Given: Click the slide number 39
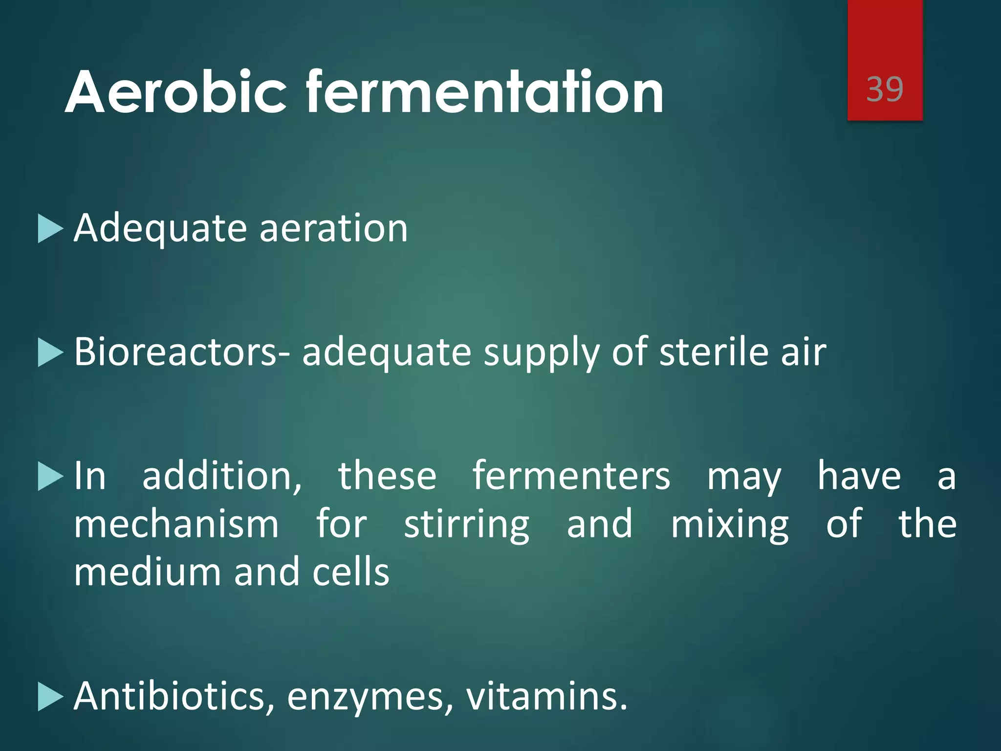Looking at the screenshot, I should (x=885, y=89).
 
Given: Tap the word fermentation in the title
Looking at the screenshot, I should (x=484, y=92).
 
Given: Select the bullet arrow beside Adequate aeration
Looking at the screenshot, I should (x=50, y=228).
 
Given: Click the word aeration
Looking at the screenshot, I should (x=333, y=228).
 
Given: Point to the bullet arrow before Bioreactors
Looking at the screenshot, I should (x=50, y=353).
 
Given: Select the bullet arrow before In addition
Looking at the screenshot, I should (x=50, y=477).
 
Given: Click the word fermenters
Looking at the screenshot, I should (x=571, y=476).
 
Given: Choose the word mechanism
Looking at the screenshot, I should (x=176, y=524).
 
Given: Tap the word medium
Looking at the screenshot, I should (x=148, y=572).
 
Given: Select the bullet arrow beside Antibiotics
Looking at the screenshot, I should (x=50, y=697).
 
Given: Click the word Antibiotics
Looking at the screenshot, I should (x=174, y=696).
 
